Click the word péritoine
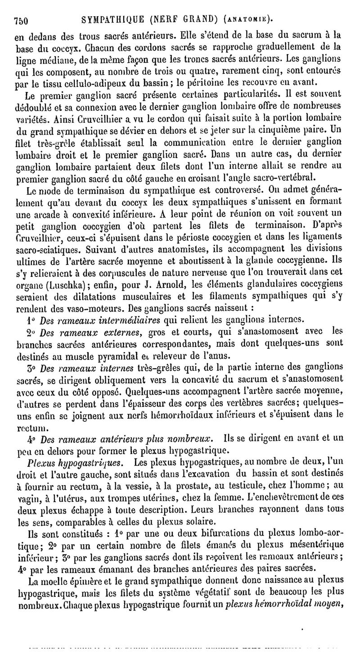coord(211,82)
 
